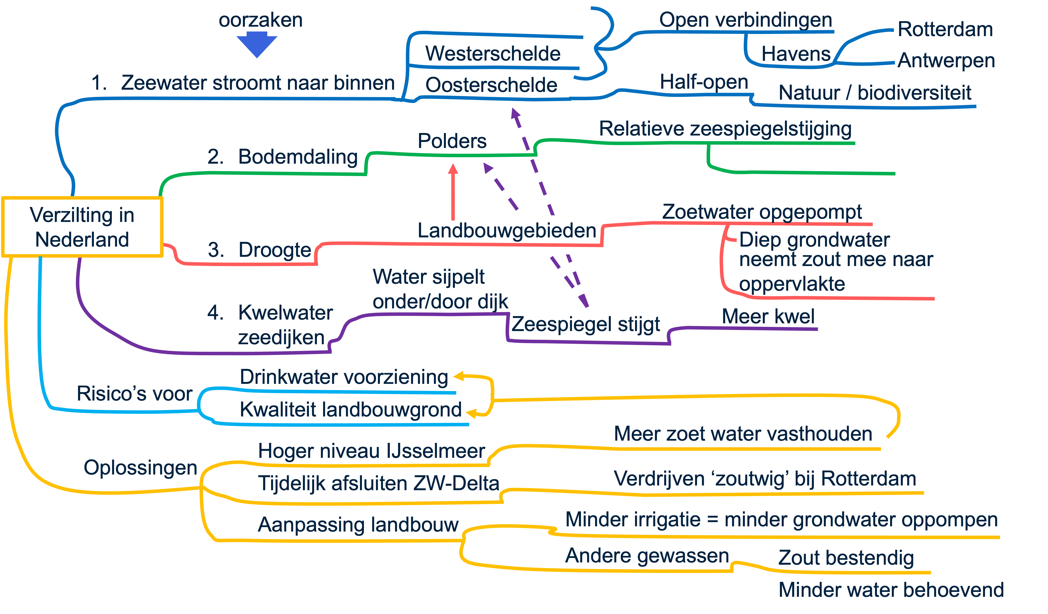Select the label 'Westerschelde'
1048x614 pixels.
(x=493, y=54)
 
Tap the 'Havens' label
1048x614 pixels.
(x=796, y=54)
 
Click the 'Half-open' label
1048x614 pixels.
(x=704, y=82)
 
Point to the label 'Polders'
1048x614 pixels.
(x=452, y=141)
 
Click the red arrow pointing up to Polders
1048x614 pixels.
(x=453, y=191)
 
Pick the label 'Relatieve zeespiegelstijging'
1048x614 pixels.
(x=725, y=129)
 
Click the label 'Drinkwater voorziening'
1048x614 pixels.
(x=344, y=377)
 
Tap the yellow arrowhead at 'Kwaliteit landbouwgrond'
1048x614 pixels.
(x=471, y=413)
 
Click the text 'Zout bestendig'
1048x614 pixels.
(x=846, y=558)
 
